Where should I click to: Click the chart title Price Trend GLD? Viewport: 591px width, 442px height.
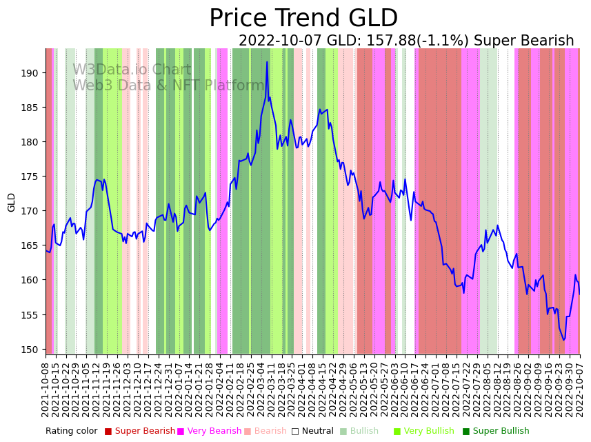pos(303,19)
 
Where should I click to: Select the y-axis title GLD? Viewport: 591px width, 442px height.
pos(12,202)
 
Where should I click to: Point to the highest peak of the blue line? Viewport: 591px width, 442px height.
pos(267,62)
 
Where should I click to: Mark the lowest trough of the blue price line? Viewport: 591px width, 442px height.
pos(563,340)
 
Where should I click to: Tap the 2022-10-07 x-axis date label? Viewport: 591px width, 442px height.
pos(580,390)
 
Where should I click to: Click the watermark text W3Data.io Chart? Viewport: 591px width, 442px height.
pos(132,70)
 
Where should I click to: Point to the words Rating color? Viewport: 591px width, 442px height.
pos(71,432)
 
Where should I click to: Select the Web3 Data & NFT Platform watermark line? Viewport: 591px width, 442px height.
pos(169,86)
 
